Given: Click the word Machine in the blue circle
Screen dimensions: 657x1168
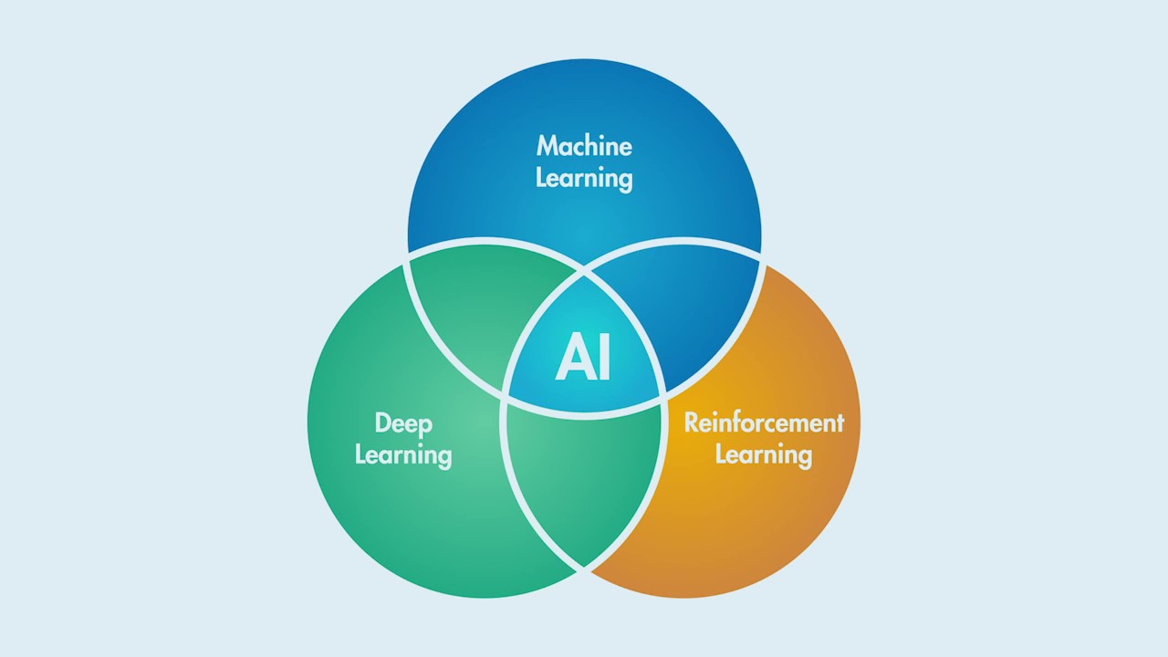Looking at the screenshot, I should [584, 146].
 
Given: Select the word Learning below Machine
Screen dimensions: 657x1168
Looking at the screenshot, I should [584, 178].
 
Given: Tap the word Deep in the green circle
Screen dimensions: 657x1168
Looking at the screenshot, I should [403, 424].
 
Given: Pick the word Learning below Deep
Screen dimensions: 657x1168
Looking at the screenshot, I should [403, 454].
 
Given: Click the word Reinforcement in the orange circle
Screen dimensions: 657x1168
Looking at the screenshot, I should [764, 422].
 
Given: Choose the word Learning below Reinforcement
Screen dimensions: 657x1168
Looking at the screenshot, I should [764, 454].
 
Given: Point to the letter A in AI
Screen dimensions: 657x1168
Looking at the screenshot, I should [572, 357].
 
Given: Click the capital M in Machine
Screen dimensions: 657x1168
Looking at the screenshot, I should [547, 146].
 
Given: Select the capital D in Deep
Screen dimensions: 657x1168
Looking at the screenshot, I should [382, 423].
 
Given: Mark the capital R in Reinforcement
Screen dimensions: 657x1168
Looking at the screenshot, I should [692, 422].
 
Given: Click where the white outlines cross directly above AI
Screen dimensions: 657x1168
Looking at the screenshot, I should [584, 270].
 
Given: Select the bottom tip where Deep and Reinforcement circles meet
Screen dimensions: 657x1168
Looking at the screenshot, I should [584, 569].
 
